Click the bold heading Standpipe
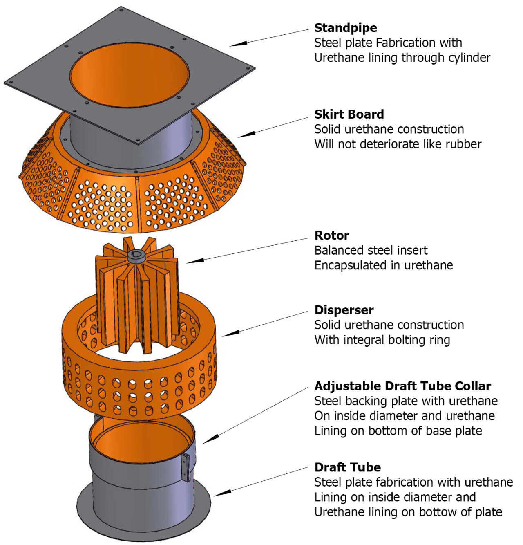tap(345, 28)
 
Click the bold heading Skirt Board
tap(349, 114)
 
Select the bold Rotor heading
tap(331, 235)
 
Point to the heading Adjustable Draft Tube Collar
tap(402, 386)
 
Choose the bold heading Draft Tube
tap(347, 467)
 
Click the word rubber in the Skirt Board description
tap(462, 144)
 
